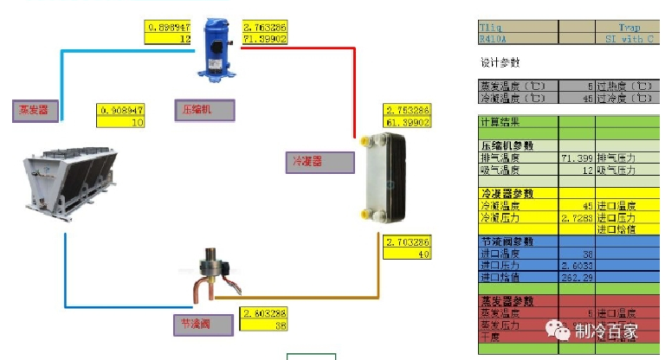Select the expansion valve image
211,274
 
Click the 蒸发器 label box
36,111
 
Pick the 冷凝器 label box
320,163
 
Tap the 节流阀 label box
203,325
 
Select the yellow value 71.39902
265,39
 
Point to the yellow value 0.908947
121,111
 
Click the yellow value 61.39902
407,123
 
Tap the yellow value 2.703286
408,241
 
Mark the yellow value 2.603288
265,312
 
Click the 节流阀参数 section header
506,241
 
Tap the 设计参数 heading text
500,63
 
